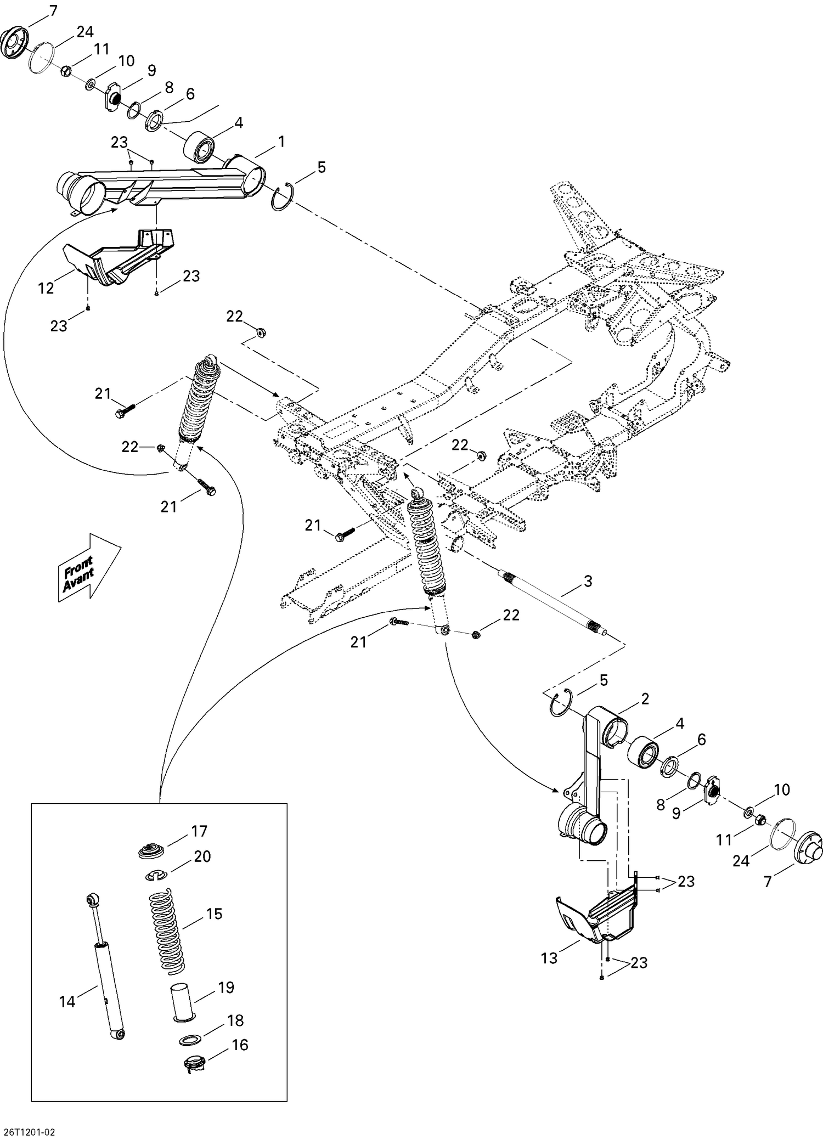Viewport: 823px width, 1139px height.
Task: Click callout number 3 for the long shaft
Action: [588, 581]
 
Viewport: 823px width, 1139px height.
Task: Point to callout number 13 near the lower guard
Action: [549, 957]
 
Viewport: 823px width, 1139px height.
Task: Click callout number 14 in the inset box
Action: [67, 1001]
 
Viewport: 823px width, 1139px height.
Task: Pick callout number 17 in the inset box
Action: [199, 831]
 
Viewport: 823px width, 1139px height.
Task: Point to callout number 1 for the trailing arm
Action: [281, 142]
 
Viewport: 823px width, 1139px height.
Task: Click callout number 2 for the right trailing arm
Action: [645, 698]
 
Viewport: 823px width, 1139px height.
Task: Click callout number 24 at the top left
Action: [84, 32]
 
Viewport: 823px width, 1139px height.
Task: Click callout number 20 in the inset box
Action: [202, 856]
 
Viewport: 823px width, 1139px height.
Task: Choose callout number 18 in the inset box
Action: [235, 1020]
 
